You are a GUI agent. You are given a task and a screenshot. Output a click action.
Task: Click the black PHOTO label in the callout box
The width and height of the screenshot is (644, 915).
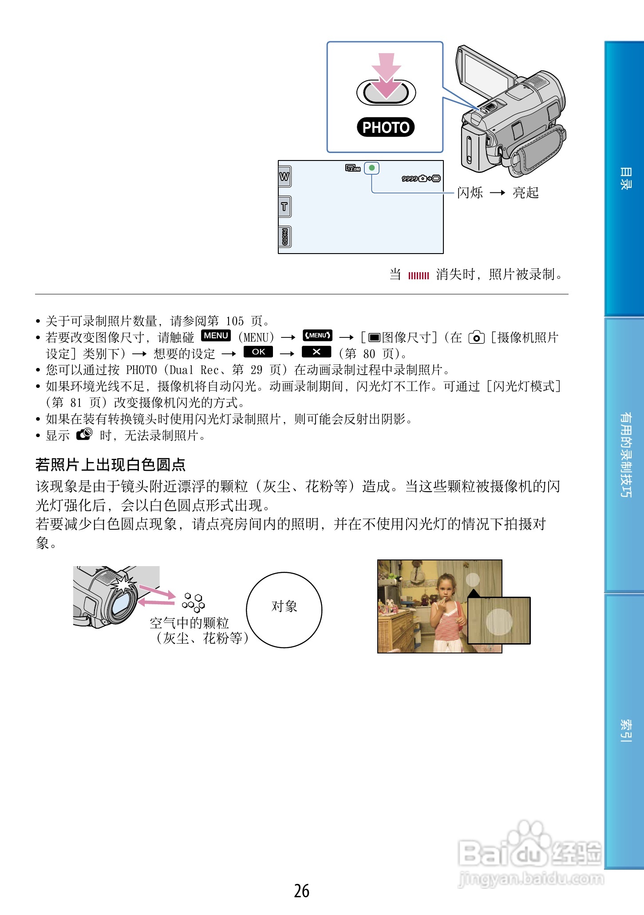(386, 127)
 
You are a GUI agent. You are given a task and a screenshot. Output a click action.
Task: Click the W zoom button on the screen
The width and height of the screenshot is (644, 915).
(284, 177)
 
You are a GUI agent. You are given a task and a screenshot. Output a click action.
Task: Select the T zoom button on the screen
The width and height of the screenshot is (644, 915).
(284, 207)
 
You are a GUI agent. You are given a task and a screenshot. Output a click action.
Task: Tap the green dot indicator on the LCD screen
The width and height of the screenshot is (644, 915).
(372, 168)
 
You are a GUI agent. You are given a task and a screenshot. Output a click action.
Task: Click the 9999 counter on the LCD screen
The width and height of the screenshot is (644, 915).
(409, 179)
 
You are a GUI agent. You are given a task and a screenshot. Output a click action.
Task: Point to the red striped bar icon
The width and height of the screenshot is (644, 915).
(419, 276)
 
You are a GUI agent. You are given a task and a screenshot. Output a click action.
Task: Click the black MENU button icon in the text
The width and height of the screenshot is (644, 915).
(216, 336)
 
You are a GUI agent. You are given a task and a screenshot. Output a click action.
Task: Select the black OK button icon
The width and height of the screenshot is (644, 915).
(258, 352)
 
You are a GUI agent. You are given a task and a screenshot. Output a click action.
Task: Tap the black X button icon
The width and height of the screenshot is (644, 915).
(316, 352)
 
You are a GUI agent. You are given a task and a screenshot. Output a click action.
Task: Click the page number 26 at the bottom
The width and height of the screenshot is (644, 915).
(302, 891)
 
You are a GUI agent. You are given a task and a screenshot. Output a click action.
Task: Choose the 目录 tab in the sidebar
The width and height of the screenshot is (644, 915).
(625, 179)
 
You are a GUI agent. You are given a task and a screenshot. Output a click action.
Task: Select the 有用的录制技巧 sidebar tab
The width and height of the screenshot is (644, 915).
(625, 455)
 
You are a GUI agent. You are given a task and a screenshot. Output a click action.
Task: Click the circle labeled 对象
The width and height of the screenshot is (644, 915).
(284, 610)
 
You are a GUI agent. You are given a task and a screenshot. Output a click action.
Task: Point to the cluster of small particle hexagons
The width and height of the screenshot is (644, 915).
(194, 602)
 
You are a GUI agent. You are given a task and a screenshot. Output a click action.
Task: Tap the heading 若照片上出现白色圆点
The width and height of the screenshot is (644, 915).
(111, 465)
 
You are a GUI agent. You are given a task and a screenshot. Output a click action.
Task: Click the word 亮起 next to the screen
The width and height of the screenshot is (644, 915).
(525, 193)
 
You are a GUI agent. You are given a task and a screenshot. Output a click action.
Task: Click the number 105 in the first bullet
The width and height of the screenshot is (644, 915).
(235, 321)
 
